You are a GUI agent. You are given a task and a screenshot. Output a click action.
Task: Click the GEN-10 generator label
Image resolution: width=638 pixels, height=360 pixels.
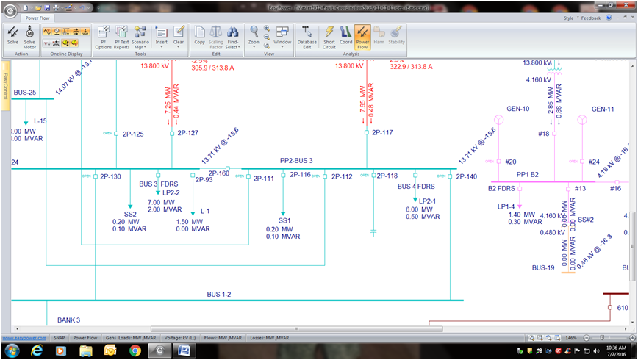click(x=518, y=109)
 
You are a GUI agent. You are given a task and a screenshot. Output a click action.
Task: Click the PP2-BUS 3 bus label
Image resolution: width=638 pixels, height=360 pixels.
click(x=296, y=160)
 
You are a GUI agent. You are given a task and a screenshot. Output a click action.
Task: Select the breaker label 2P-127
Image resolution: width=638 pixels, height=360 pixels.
click(x=187, y=133)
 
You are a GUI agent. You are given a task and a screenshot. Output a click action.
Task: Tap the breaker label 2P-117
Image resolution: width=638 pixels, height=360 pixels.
click(x=382, y=133)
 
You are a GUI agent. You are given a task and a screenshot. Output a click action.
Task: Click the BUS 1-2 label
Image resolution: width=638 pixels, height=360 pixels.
click(x=219, y=295)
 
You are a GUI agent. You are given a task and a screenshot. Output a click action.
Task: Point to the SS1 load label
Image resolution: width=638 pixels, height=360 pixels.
click(x=284, y=220)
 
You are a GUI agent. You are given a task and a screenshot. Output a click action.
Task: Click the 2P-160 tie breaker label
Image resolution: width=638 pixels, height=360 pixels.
click(x=219, y=174)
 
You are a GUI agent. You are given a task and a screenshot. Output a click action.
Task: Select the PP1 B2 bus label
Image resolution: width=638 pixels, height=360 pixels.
click(x=528, y=175)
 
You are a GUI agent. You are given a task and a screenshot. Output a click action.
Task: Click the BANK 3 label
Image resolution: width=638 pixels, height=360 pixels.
click(x=68, y=320)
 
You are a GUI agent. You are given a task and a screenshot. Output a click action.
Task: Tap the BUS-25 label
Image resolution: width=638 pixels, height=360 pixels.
click(x=25, y=92)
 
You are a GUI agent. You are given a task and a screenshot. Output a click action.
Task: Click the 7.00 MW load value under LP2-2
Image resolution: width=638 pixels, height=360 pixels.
click(x=161, y=202)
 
